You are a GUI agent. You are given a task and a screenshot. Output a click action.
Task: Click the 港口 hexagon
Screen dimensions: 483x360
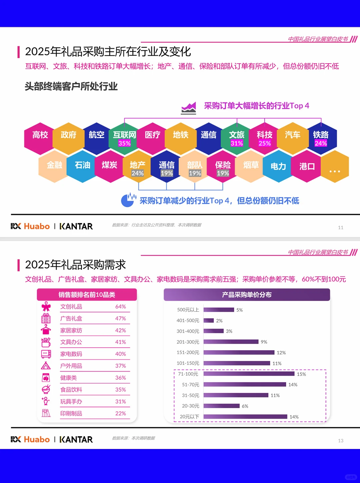(x=307, y=166)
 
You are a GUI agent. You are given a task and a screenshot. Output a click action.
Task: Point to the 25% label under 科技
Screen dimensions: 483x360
(x=265, y=143)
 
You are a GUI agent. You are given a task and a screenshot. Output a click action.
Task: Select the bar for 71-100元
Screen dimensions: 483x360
(x=249, y=374)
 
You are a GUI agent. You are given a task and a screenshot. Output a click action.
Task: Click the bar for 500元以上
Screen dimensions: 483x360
(x=219, y=310)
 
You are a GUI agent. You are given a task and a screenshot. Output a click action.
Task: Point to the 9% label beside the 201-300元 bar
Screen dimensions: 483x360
(x=264, y=342)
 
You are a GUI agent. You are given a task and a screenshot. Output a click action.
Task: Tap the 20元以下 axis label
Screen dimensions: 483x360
(x=189, y=417)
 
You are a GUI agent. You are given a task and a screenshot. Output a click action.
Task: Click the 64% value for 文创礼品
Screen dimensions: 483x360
(x=120, y=307)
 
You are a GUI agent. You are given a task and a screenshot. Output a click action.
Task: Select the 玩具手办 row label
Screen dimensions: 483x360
(x=71, y=402)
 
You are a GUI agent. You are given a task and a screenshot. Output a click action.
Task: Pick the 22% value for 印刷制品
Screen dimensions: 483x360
(x=120, y=413)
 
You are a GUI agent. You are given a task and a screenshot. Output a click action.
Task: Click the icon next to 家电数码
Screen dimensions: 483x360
(x=46, y=354)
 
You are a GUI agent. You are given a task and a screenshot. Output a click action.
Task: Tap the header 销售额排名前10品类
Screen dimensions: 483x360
(x=87, y=295)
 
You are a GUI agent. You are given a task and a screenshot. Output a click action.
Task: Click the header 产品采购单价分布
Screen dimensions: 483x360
(x=247, y=295)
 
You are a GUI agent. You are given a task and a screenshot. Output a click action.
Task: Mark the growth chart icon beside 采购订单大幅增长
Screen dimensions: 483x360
(x=189, y=108)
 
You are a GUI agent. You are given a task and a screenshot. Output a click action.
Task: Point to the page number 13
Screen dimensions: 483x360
(x=341, y=441)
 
